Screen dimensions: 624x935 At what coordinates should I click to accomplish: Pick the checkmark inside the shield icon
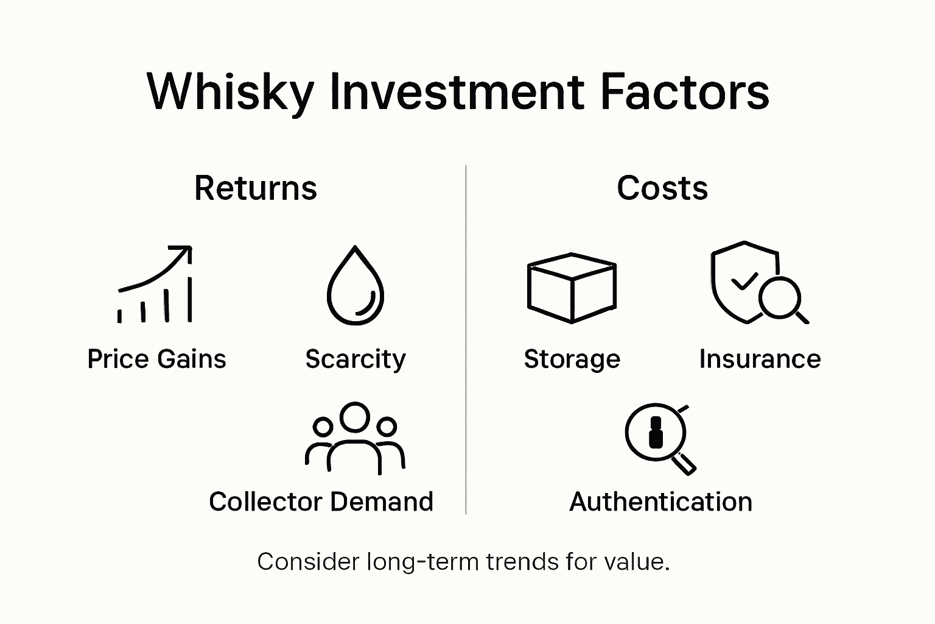pos(744,281)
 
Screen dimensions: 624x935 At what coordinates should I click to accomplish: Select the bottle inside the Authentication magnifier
pos(656,432)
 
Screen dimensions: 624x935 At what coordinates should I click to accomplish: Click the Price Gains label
pos(156,359)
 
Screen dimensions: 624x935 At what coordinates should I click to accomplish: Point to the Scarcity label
pos(355,359)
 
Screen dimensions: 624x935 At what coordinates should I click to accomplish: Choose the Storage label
pos(572,359)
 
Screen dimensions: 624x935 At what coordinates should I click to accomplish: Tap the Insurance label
pos(760,359)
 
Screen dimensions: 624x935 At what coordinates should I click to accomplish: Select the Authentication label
pos(660,502)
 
